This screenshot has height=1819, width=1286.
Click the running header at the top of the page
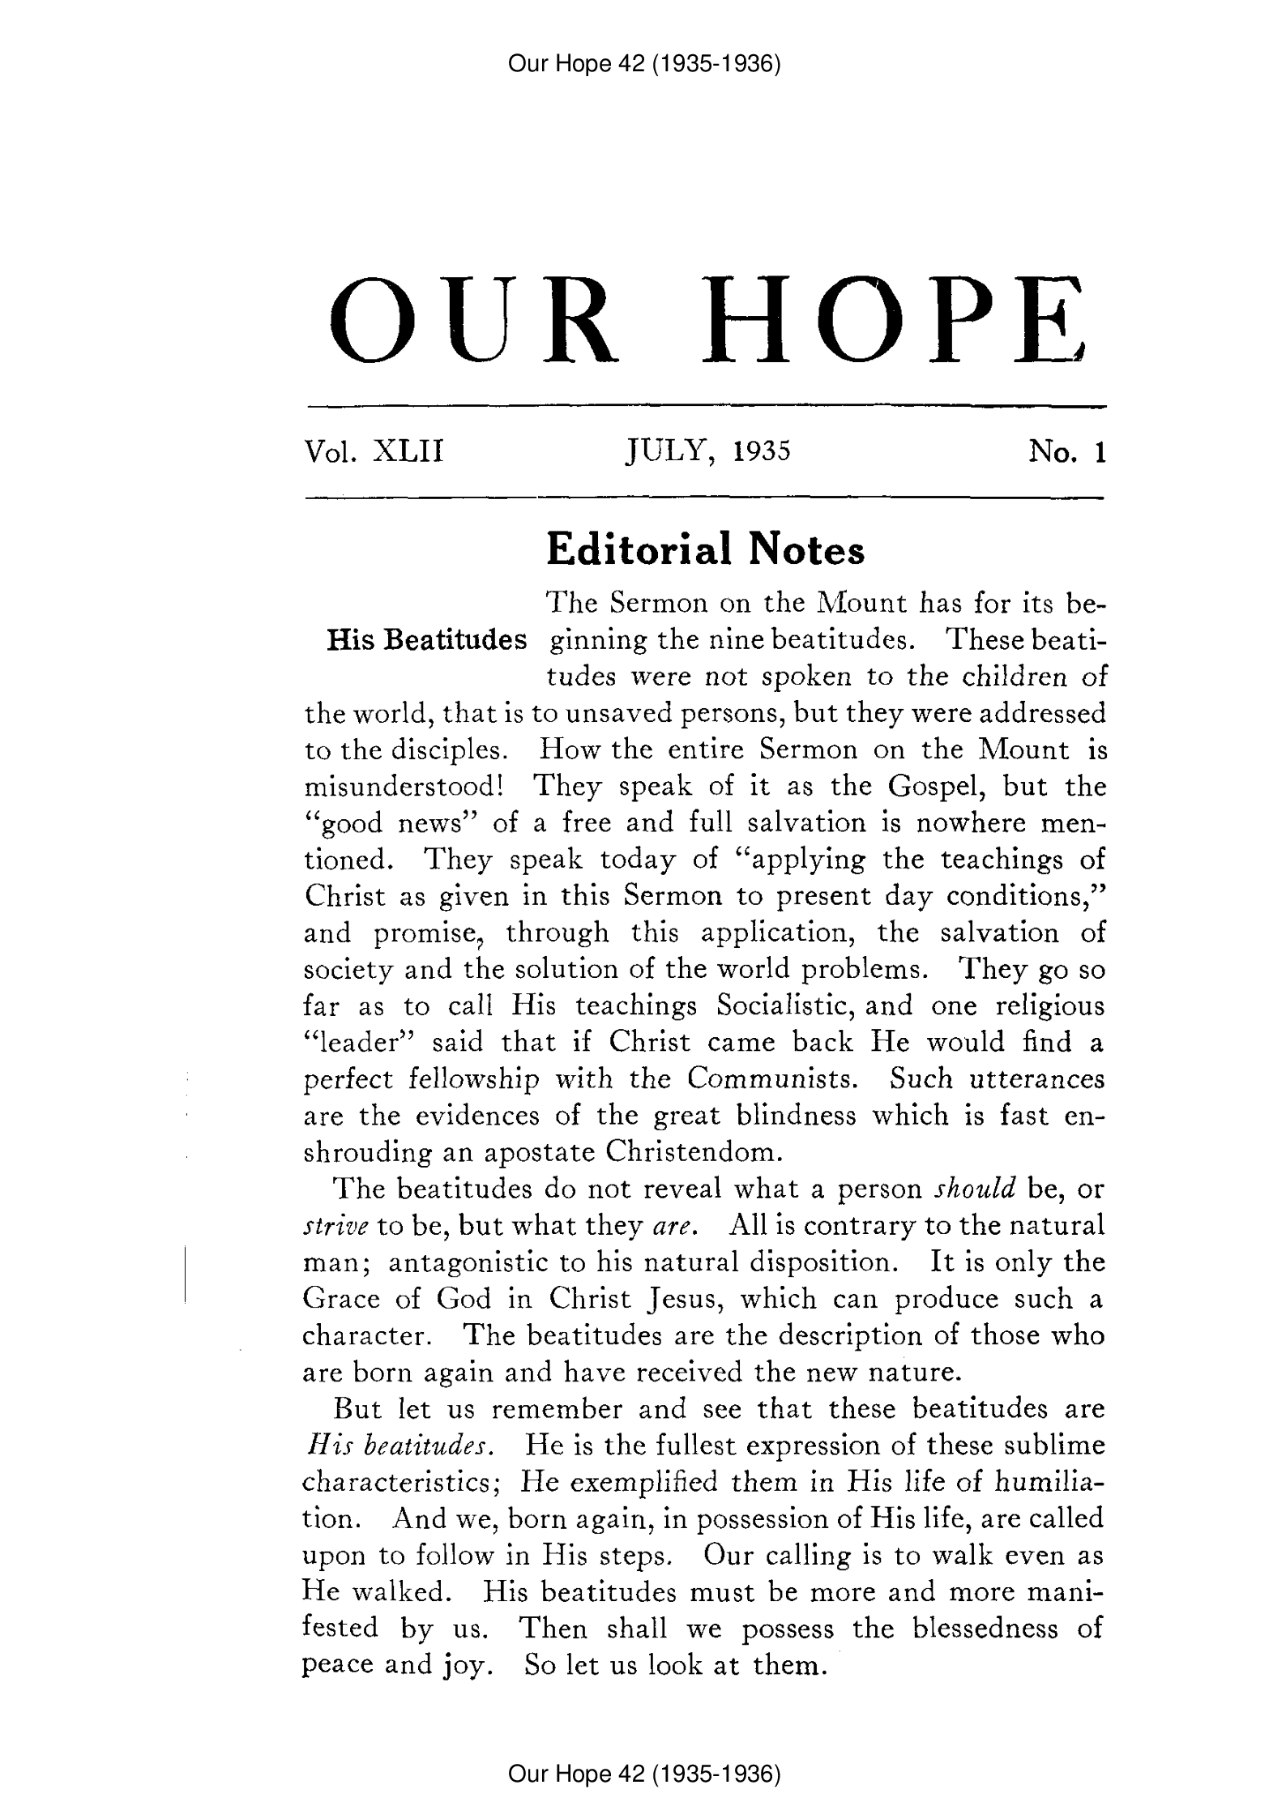tap(643, 63)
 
